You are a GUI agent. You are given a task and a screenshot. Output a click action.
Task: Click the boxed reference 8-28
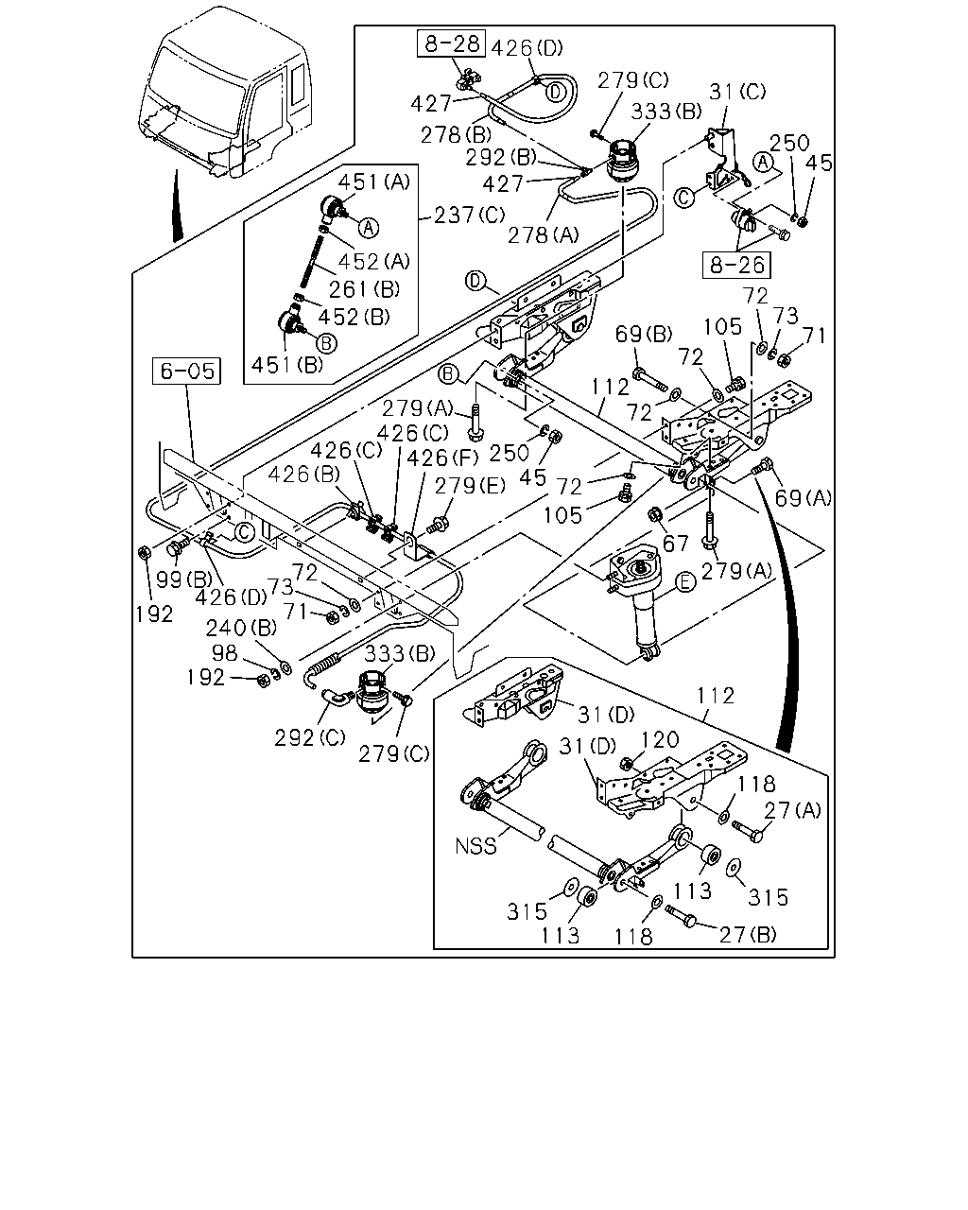tap(451, 43)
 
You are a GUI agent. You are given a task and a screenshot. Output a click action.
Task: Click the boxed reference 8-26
tap(736, 265)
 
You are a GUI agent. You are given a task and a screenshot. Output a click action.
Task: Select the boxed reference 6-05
tap(187, 372)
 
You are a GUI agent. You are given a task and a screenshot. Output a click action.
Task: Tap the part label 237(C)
tap(469, 215)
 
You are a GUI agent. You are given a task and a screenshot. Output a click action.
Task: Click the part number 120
tap(660, 739)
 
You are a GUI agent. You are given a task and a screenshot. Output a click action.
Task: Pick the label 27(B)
tap(748, 935)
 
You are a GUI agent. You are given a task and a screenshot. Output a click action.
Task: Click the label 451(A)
tap(374, 182)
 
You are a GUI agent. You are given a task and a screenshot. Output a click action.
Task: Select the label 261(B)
tap(364, 289)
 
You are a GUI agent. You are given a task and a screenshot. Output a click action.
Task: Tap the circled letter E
tap(684, 582)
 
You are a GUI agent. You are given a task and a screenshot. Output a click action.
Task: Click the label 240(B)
tap(241, 628)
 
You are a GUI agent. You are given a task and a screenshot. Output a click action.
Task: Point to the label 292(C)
tap(310, 737)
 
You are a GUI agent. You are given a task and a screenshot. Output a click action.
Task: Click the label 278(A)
tap(544, 234)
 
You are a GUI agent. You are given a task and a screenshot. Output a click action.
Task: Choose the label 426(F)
tap(442, 458)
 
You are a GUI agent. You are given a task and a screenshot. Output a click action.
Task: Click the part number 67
tap(675, 544)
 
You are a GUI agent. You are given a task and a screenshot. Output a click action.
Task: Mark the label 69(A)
tap(804, 497)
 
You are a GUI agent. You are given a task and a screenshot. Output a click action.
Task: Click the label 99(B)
tap(184, 579)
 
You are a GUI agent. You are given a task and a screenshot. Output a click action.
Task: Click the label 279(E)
tap(470, 485)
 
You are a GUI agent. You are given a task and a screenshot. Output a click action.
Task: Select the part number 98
tap(224, 653)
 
